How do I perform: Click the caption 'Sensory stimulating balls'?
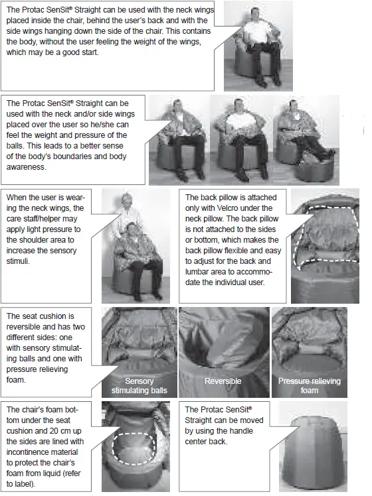(139, 386)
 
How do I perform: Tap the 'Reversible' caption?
(223, 382)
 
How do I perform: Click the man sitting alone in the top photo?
(255, 40)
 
